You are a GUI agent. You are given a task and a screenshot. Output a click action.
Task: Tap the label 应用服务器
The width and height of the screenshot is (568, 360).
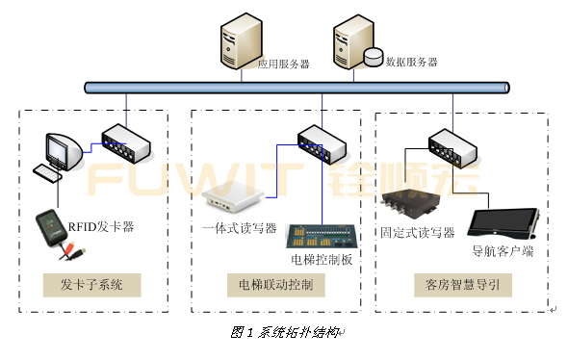(283, 64)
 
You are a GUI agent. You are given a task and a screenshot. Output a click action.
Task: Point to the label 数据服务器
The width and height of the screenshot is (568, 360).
(411, 62)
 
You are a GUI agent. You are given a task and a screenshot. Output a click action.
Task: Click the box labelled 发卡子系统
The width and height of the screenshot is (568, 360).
(92, 286)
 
